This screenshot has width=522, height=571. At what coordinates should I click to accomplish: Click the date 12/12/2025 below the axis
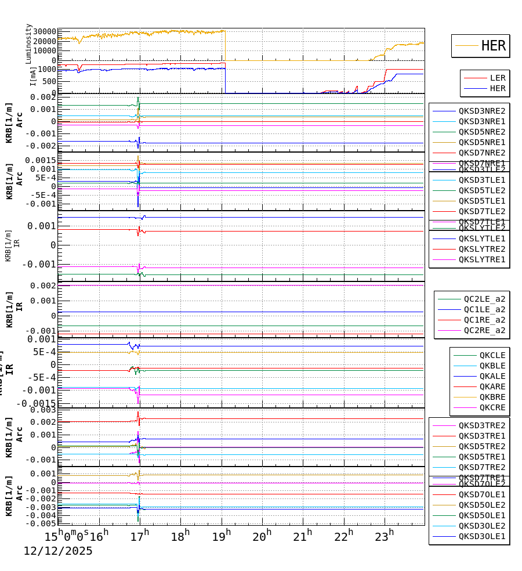(x=58, y=551)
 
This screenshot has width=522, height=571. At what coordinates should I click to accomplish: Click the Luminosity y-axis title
(x=29, y=44)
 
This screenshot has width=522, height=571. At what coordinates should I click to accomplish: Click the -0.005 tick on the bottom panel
(x=41, y=523)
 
